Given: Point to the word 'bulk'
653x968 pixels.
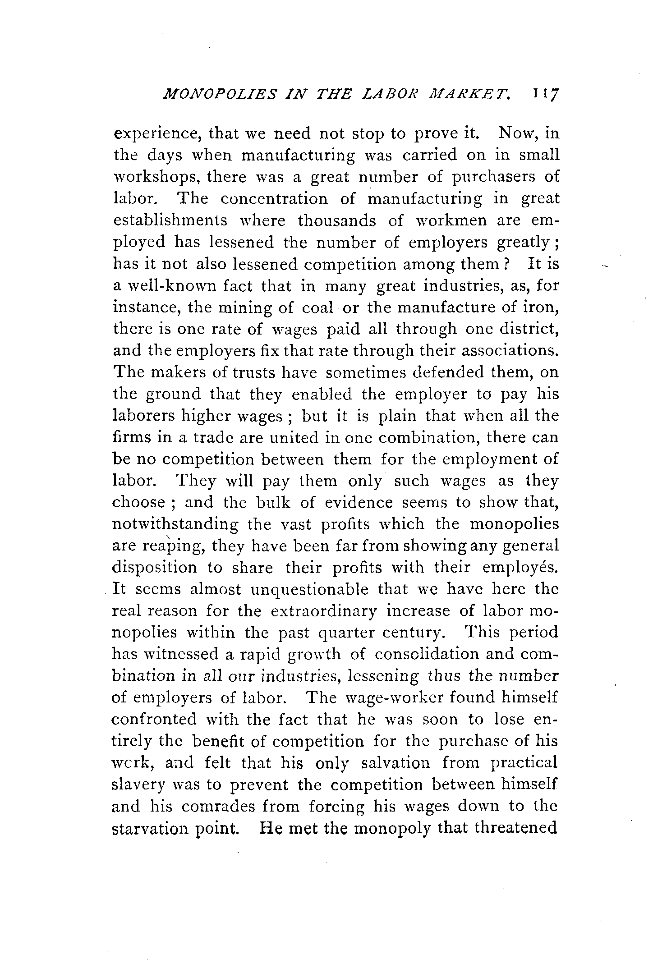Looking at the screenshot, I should pyautogui.click(x=271, y=502).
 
